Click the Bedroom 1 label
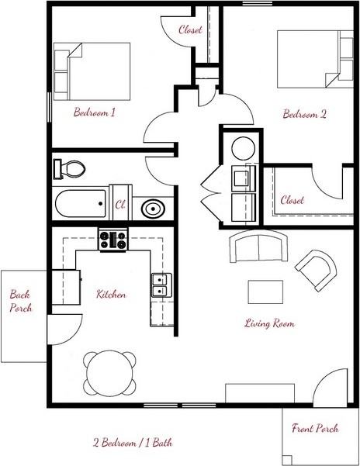tap(94, 112)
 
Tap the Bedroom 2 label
tap(303, 113)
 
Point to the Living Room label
tap(268, 323)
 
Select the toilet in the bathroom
tap(71, 167)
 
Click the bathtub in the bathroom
tap(81, 205)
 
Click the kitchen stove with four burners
tap(112, 240)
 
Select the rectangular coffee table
tap(266, 292)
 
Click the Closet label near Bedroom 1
tap(191, 31)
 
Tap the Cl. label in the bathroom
tap(121, 205)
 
